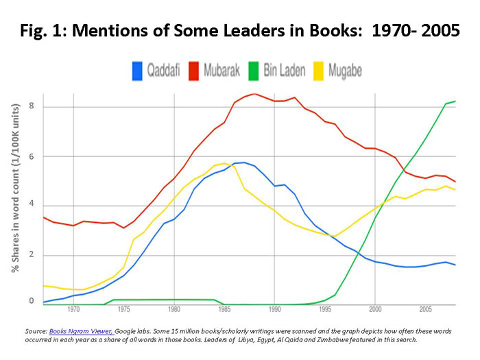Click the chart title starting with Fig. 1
[x=239, y=32]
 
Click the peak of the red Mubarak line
[x=254, y=94]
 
